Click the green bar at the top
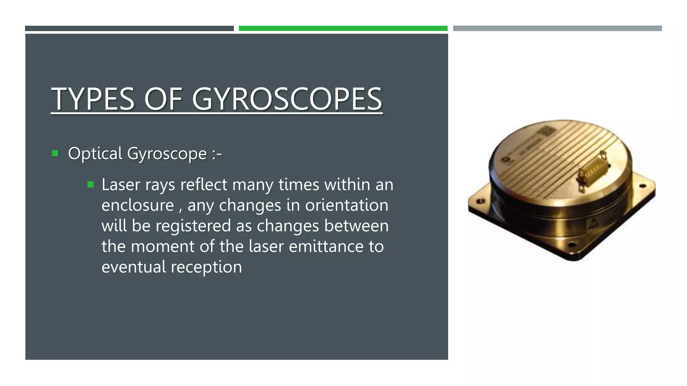pyautogui.click(x=343, y=28)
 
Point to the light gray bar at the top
pyautogui.click(x=557, y=28)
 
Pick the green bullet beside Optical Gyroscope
pyautogui.click(x=55, y=154)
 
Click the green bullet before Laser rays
pyautogui.click(x=90, y=185)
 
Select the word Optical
pyautogui.click(x=95, y=154)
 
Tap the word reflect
pyautogui.click(x=204, y=185)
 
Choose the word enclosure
pyautogui.click(x=138, y=205)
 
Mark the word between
pyautogui.click(x=356, y=226)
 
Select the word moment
pyautogui.click(x=162, y=247)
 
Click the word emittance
pyautogui.click(x=326, y=247)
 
